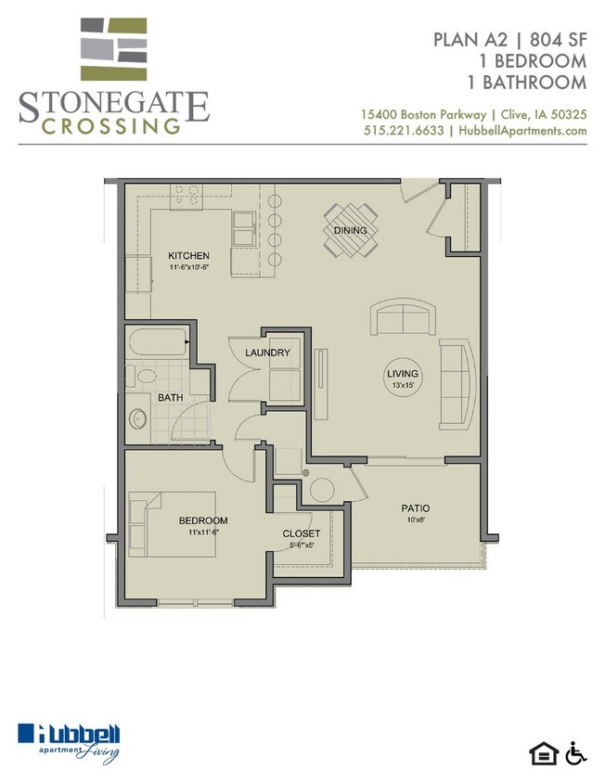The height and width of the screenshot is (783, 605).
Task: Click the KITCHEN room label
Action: point(188,256)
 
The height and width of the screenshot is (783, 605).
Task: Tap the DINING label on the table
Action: point(350,230)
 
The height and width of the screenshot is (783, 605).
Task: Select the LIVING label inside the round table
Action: point(403,374)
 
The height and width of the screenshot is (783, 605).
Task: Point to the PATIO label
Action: point(416,508)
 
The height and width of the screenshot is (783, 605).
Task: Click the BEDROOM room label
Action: point(203,520)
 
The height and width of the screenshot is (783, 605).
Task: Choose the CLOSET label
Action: point(302,533)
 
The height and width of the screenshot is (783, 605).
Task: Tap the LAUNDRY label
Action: point(267,353)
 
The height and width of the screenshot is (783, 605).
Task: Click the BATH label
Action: point(171,398)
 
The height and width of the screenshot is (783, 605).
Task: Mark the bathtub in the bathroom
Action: point(158,341)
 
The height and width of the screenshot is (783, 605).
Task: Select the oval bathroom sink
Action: point(137,419)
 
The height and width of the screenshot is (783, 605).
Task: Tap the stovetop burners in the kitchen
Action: point(187,196)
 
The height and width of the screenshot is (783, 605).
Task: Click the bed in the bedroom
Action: point(173,524)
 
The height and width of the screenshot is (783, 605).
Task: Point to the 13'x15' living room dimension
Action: point(403,385)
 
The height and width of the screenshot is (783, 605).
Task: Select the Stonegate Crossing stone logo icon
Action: point(113,49)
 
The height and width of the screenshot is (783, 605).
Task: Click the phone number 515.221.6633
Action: point(404,131)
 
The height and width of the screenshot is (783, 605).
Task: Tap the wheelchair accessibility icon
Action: point(576,753)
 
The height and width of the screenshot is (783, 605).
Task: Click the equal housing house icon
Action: point(544,754)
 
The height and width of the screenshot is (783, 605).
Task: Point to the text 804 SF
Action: point(558,40)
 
